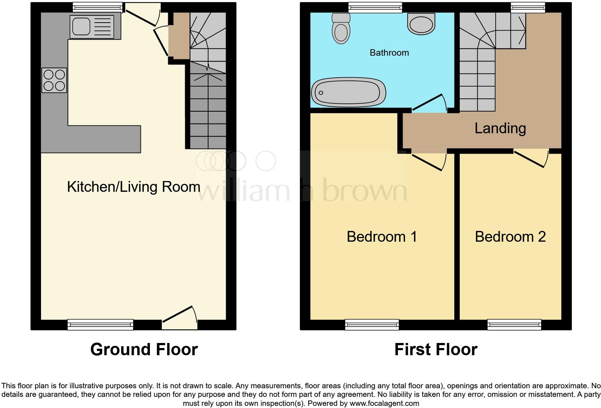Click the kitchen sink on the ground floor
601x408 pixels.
point(92,27)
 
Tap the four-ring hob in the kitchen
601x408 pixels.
point(54,80)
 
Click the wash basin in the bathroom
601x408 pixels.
point(421,24)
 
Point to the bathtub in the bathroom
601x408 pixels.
point(348,92)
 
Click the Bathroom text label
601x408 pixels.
point(389,53)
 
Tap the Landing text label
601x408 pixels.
point(500,128)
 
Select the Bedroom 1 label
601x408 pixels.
point(382,237)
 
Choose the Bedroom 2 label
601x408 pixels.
point(510,237)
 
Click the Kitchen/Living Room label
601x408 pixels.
point(133,187)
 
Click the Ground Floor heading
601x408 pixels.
point(144,349)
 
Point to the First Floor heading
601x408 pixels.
point(436,349)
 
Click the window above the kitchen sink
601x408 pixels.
point(97,7)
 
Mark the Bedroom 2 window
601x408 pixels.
point(514,324)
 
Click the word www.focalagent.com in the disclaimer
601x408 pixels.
point(384,403)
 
